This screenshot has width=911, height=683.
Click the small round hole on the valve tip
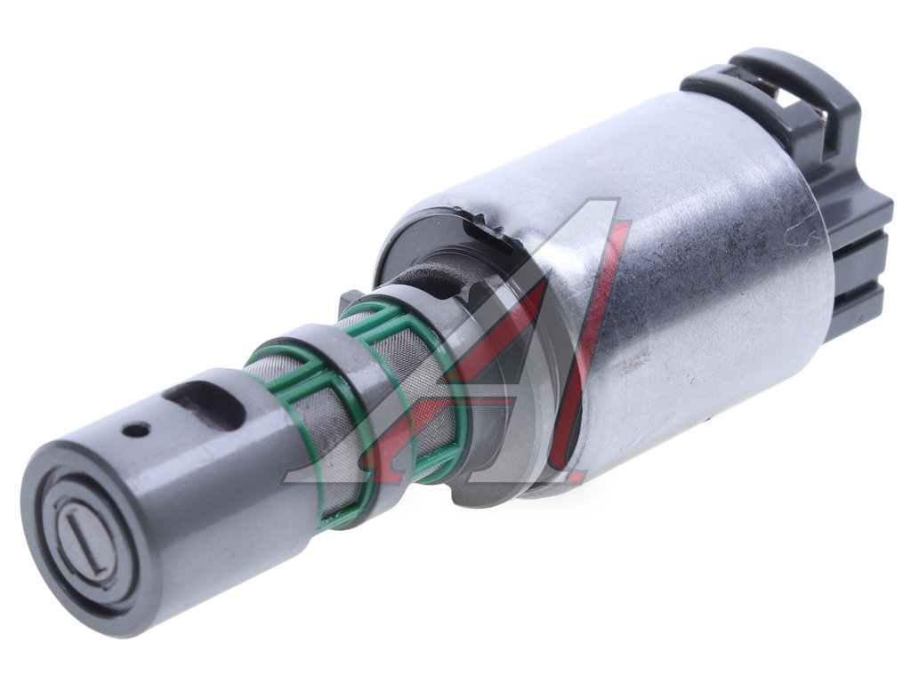pos(136,430)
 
